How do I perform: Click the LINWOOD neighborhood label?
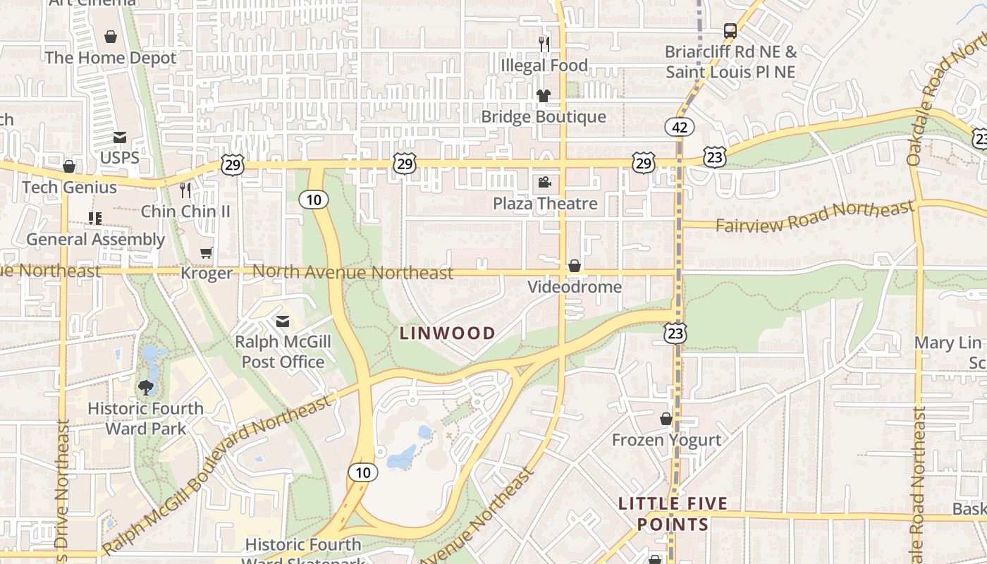point(448,333)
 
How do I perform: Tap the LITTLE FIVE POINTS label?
point(673,514)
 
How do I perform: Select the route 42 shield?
point(680,127)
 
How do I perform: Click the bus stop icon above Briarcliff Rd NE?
point(730,31)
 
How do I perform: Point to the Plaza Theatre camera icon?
point(544,183)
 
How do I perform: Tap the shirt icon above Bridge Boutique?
point(543,96)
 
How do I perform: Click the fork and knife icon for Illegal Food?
point(544,44)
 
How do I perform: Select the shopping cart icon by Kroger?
point(206,252)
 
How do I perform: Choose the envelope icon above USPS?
point(120,137)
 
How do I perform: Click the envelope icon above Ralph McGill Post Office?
point(283,322)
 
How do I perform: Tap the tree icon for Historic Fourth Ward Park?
point(146,387)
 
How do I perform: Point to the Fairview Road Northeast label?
point(814,217)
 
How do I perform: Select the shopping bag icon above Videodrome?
point(575,266)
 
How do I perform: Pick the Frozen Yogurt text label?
point(666,441)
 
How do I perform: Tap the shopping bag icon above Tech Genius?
point(69,166)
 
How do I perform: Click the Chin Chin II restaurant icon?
point(185,190)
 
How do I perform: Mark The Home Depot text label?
point(111,58)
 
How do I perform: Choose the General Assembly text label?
point(95,240)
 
